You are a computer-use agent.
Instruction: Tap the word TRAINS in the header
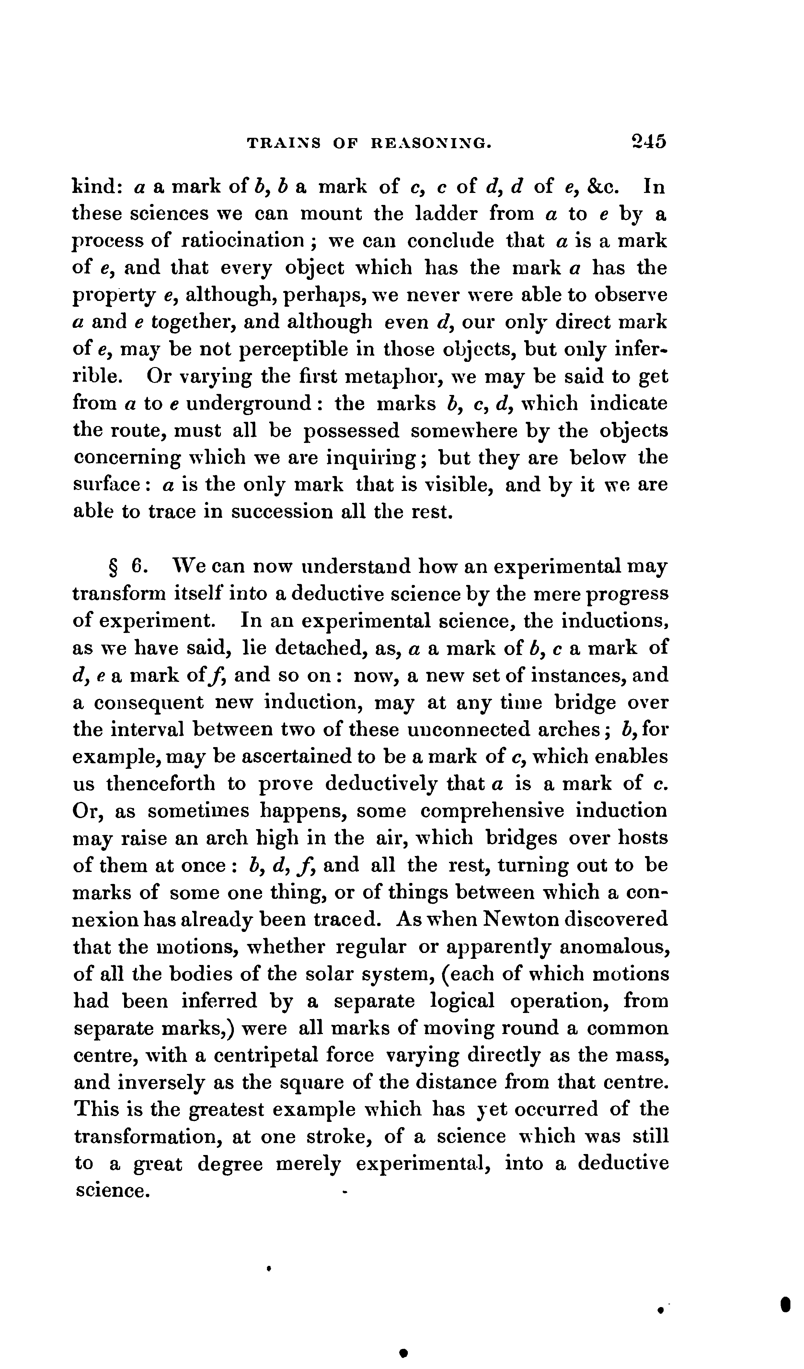[x=283, y=143]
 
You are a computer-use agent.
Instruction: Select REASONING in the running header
[x=431, y=143]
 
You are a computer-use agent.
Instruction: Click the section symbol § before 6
[x=114, y=567]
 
